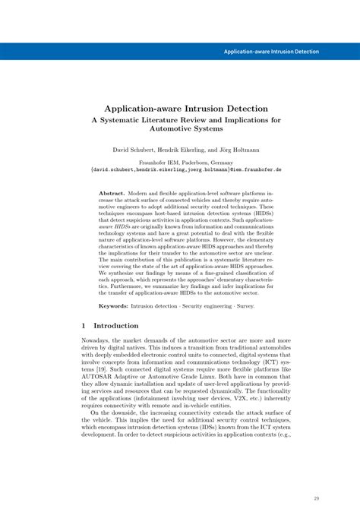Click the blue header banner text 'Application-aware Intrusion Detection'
[x=271, y=52]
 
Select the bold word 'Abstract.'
[x=112, y=194]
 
